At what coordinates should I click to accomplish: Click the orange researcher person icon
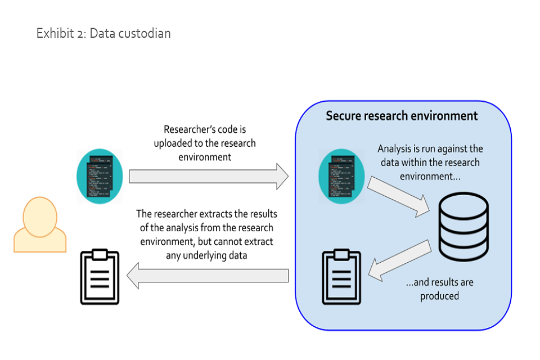(x=40, y=225)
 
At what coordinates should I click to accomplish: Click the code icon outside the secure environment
(x=100, y=176)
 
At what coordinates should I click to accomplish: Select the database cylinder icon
(x=463, y=225)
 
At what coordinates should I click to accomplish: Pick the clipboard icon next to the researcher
(x=100, y=277)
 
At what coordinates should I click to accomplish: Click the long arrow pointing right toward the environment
(x=208, y=176)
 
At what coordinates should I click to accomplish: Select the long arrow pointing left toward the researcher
(x=208, y=276)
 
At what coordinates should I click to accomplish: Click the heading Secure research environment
(x=402, y=116)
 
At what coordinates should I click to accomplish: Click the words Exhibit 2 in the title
(x=60, y=34)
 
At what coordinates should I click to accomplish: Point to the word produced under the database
(x=439, y=296)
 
